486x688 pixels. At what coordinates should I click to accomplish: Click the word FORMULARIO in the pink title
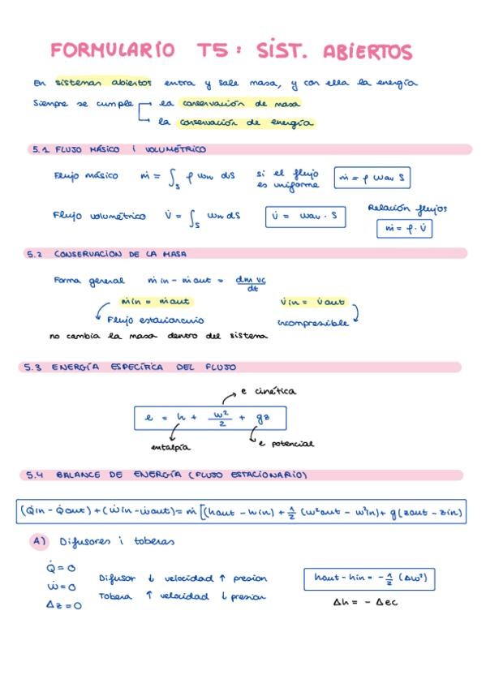(x=112, y=50)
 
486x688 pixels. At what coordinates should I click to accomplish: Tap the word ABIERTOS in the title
(x=368, y=52)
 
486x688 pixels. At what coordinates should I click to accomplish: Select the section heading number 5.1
(x=41, y=149)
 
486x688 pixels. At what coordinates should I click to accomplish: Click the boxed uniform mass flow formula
(x=372, y=178)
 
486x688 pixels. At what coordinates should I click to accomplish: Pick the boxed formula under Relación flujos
(x=405, y=229)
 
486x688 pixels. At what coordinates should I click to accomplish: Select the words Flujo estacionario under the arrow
(x=155, y=320)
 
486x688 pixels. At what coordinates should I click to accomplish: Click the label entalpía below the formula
(x=171, y=447)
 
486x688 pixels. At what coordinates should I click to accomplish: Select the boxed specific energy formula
(x=210, y=418)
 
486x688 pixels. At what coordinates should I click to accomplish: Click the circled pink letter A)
(x=39, y=541)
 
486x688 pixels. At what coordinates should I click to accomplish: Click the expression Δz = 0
(x=62, y=604)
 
